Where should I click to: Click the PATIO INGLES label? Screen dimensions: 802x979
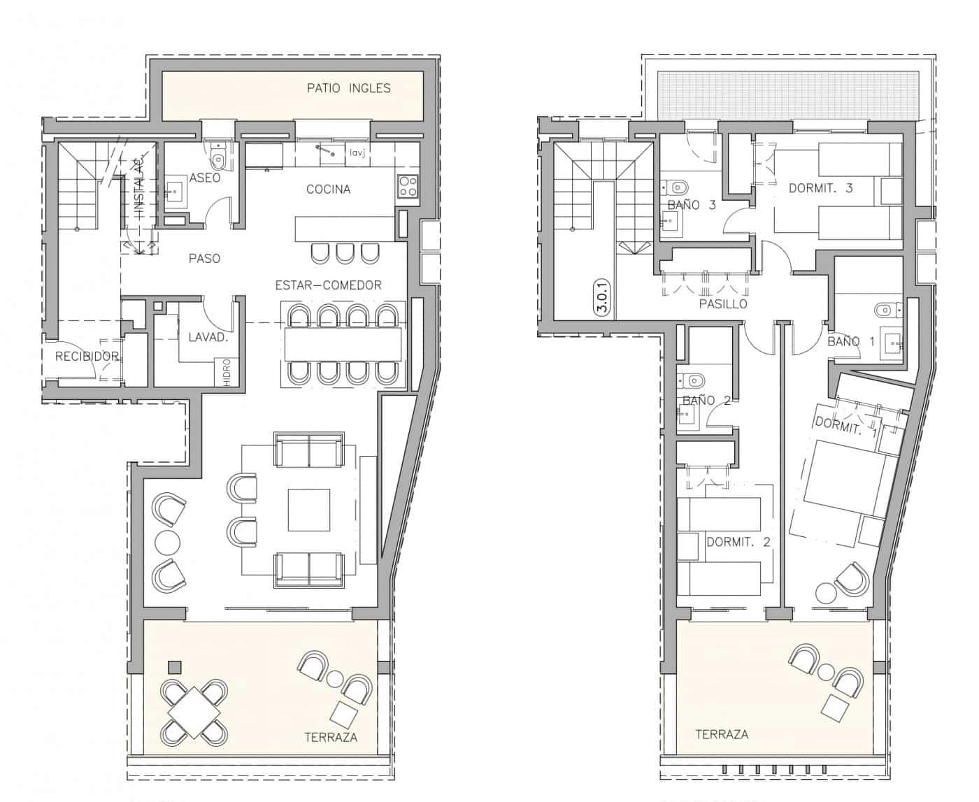click(348, 88)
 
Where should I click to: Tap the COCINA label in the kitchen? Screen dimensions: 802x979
click(328, 189)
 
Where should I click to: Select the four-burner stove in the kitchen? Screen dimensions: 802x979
click(408, 186)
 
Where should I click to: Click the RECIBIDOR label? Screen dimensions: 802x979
click(87, 357)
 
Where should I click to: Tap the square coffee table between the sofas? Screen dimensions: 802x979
click(308, 510)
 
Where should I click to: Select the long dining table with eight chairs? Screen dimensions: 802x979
click(343, 345)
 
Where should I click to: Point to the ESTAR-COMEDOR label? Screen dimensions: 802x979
click(328, 285)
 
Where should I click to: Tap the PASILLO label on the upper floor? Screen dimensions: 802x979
click(723, 304)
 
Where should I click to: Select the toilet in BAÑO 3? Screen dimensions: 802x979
click(676, 187)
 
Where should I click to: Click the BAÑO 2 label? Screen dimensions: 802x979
click(706, 400)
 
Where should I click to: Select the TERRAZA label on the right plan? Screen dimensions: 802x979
click(721, 734)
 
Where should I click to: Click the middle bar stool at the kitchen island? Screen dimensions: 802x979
click(345, 252)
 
